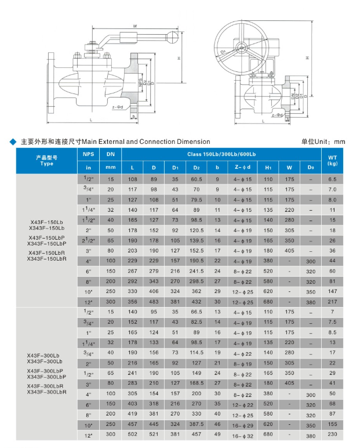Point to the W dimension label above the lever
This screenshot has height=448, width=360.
tap(135, 26)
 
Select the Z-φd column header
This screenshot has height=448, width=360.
tap(242, 168)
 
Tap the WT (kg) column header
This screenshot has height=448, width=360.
tap(332, 160)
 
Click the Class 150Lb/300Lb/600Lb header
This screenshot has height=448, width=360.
tap(221, 154)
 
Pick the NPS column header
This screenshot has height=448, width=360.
tap(88, 154)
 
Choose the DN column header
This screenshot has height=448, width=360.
tap(111, 154)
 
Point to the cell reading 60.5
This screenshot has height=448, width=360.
tap(197, 180)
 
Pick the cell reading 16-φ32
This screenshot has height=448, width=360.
tap(242, 435)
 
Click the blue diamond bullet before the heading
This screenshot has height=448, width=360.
tap(13, 142)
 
